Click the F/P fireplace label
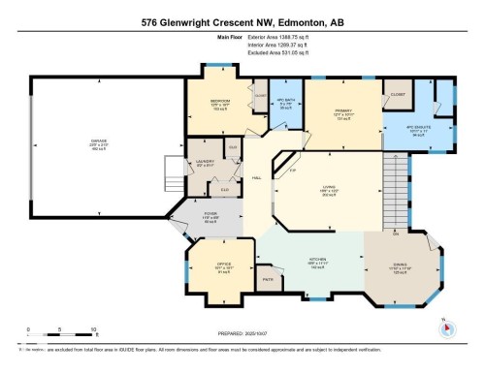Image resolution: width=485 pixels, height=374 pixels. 293,171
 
